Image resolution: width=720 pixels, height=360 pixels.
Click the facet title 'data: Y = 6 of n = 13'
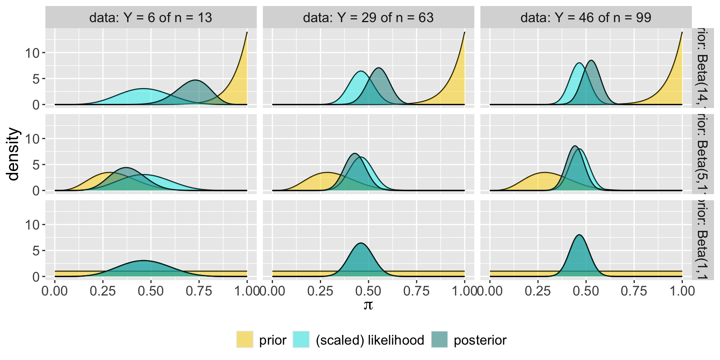point(151,18)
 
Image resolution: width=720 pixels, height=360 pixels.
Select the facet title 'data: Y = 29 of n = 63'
point(368,18)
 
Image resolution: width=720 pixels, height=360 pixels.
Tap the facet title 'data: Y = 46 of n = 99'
point(586,18)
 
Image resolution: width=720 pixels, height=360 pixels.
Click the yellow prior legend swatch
point(244,340)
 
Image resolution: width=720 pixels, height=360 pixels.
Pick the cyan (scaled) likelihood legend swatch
point(301,340)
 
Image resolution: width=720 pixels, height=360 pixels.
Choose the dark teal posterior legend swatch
point(439,340)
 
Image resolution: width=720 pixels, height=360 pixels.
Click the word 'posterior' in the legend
point(480,340)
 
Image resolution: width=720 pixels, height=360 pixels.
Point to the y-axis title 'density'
point(13,154)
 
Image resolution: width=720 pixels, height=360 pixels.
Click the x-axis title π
point(368,305)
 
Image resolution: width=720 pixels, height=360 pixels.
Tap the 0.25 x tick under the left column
point(103,291)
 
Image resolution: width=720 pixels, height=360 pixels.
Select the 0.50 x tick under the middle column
point(368,291)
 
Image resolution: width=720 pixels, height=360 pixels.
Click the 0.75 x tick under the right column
point(634,291)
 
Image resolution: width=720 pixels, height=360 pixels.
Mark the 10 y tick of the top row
point(32,53)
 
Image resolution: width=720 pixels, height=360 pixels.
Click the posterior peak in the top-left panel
point(195,80)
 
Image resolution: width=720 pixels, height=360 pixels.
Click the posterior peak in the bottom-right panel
point(579,235)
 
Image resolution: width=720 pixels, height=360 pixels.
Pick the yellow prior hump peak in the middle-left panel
point(109,172)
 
